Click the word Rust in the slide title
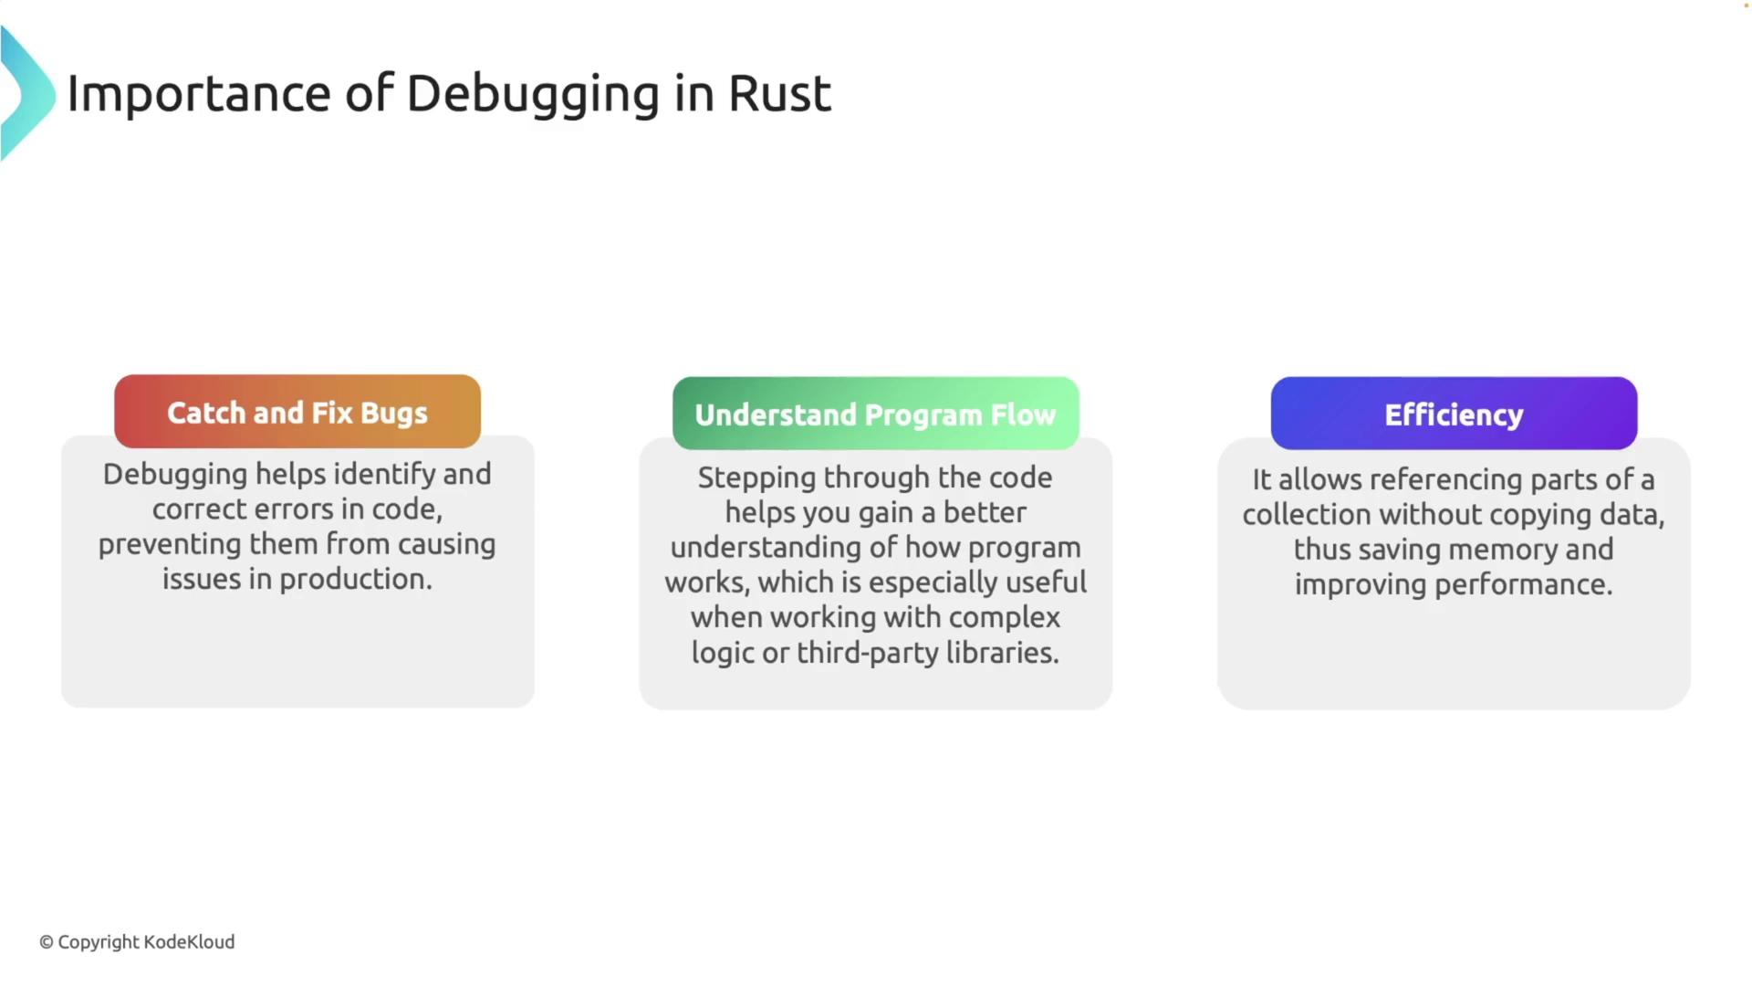(x=779, y=93)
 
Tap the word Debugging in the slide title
(x=533, y=95)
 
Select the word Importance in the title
(x=199, y=95)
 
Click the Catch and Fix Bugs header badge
(x=297, y=411)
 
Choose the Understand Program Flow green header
(x=876, y=414)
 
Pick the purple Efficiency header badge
(x=1454, y=414)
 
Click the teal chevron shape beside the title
(x=27, y=93)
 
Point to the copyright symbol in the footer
(x=47, y=942)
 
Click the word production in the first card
(x=356, y=580)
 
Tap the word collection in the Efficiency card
(x=1307, y=515)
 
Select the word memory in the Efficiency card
(x=1503, y=551)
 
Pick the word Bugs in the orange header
(x=394, y=414)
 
